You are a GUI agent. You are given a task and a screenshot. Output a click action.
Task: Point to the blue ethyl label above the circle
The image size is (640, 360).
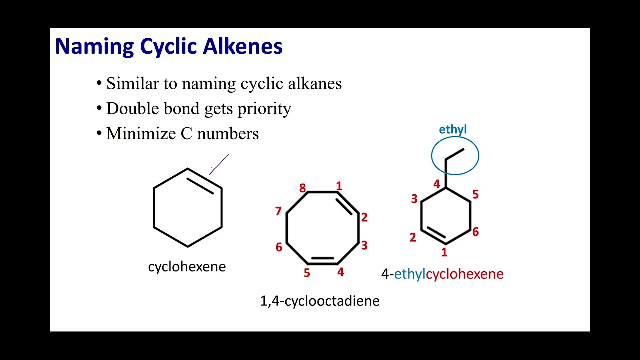pyautogui.click(x=453, y=130)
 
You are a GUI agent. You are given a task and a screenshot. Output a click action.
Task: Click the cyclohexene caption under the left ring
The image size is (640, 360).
pyautogui.click(x=187, y=267)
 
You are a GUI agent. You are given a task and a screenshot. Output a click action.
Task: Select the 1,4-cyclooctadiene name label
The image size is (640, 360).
pyautogui.click(x=320, y=301)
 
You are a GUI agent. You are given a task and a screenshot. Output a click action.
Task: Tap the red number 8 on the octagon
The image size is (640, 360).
pyautogui.click(x=302, y=188)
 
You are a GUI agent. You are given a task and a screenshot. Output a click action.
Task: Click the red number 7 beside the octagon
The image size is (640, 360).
pyautogui.click(x=278, y=211)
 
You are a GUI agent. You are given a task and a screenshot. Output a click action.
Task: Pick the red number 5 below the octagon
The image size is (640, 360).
pyautogui.click(x=307, y=273)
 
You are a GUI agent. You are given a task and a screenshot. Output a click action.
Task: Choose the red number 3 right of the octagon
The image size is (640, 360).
pyautogui.click(x=364, y=245)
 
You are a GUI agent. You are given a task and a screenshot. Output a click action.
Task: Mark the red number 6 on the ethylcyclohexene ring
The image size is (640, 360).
pyautogui.click(x=475, y=231)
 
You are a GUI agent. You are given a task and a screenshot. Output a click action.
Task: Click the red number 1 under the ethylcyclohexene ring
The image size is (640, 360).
pyautogui.click(x=444, y=253)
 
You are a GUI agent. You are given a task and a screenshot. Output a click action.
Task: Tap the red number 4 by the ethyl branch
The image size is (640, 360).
pyautogui.click(x=436, y=184)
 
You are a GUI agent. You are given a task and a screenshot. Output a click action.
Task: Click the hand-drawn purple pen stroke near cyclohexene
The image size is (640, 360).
pyautogui.click(x=219, y=164)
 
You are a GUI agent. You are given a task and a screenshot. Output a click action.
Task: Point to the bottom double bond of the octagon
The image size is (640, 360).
pyautogui.click(x=322, y=261)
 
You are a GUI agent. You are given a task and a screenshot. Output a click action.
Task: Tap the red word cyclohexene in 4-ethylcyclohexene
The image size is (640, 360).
pyautogui.click(x=464, y=274)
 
